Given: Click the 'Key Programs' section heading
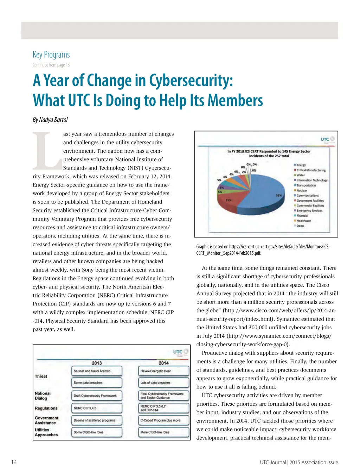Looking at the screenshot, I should coord(51,55).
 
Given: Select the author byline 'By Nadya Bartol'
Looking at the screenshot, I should coord(50,120).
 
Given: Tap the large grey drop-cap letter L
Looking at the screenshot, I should coord(47,150).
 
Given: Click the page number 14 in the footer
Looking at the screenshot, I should coord(14,462).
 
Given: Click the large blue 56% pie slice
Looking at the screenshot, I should coord(262,197).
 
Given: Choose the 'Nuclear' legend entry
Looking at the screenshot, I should coord(301,190).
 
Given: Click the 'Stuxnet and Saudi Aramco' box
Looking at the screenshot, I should coord(97,371).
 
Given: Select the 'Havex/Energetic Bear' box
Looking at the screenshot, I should coord(164,371).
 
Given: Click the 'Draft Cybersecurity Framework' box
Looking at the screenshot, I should coord(97,396).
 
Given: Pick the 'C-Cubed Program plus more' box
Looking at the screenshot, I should coord(164,420).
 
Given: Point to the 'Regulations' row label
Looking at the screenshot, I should coord(46,408).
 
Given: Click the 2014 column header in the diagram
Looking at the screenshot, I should coord(163,363).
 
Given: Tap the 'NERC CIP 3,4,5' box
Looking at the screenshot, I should coord(97,408).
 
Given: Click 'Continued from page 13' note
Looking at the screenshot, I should coord(51,65).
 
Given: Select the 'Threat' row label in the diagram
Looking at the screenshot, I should coord(41,376).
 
